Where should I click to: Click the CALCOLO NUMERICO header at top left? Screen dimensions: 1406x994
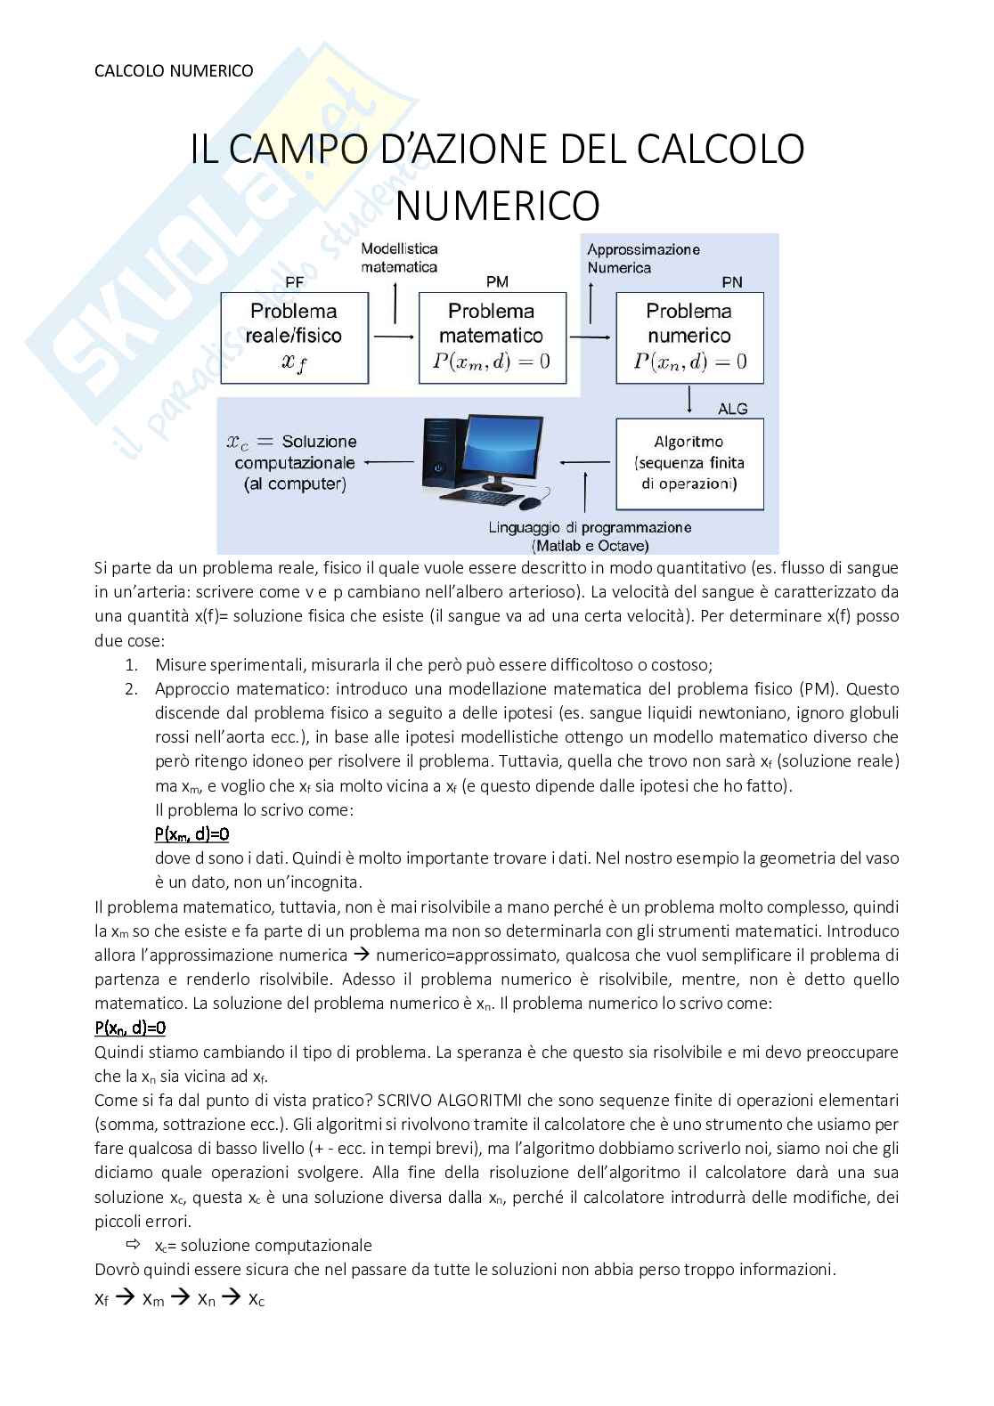tap(174, 70)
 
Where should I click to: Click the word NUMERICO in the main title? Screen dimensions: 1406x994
tap(497, 206)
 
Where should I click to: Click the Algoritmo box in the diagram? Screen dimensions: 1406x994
tap(689, 463)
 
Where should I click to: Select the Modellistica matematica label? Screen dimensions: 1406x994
tap(399, 258)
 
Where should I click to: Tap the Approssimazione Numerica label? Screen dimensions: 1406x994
tap(643, 258)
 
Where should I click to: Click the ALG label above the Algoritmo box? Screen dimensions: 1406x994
tap(732, 409)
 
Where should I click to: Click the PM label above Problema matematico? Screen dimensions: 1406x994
tap(497, 282)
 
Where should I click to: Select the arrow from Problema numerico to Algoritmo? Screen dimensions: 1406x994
tap(690, 400)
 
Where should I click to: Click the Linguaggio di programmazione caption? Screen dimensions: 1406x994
tap(590, 527)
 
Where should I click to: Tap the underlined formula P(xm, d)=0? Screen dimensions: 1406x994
tap(192, 834)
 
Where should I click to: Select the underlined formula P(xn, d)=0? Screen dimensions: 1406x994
tap(130, 1028)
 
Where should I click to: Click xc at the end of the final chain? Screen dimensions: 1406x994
tap(256, 1299)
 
